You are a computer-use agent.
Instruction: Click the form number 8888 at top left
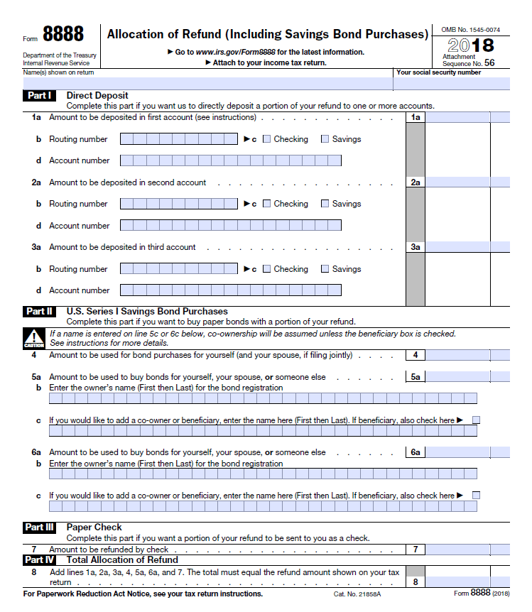(63, 34)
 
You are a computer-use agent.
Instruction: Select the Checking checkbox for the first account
(267, 139)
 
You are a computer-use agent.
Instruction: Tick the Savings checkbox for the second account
(325, 204)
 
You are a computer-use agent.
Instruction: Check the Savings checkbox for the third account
(325, 269)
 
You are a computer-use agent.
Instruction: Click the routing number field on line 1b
(179, 139)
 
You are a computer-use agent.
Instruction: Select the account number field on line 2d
(230, 226)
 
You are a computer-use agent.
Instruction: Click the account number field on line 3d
(230, 290)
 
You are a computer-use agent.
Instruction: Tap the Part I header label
(39, 95)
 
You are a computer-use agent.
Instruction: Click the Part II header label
(39, 311)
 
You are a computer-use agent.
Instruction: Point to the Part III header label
(39, 528)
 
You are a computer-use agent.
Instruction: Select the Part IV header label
(39, 560)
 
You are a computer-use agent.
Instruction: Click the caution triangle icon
(33, 337)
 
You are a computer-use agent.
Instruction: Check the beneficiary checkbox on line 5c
(476, 420)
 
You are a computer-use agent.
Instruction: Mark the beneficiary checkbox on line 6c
(476, 495)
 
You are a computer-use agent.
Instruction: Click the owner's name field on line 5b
(263, 398)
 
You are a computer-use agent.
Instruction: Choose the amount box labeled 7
(467, 549)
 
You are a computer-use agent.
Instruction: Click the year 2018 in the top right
(471, 45)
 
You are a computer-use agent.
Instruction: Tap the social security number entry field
(452, 83)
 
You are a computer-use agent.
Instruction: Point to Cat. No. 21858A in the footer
(357, 594)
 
